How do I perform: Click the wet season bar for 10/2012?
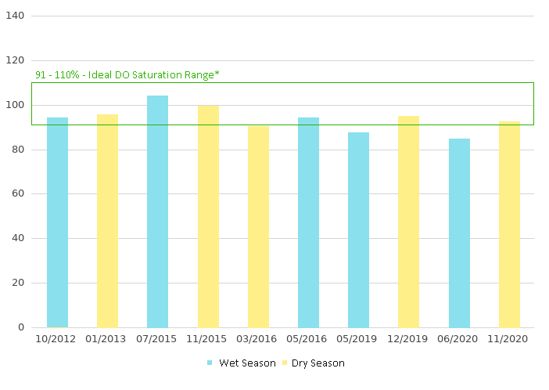coord(57,222)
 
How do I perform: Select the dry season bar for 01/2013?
coord(107,221)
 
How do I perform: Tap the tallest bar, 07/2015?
coord(157,211)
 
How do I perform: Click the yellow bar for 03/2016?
coord(258,226)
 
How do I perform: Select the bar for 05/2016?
coord(308,222)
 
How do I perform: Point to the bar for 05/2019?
coord(358,229)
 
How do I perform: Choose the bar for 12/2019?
coord(408,222)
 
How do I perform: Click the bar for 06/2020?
coord(459,233)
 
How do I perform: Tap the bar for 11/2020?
coord(509,224)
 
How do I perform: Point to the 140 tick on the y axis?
coord(16,16)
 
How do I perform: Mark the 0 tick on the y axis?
coord(21,327)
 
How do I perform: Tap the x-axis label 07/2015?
coord(157,339)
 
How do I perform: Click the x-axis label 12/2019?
coord(408,339)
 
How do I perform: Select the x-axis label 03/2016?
coord(258,339)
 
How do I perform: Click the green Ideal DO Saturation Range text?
coord(127,74)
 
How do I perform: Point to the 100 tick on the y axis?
coord(16,105)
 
